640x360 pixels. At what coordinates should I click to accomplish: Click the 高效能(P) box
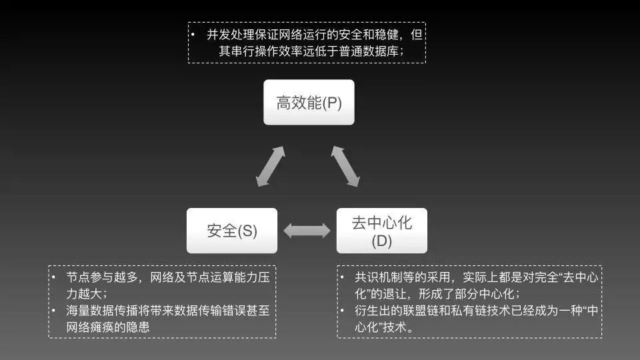click(x=308, y=103)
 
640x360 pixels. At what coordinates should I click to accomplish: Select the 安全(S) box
click(x=232, y=231)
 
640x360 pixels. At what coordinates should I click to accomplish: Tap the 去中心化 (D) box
click(x=381, y=231)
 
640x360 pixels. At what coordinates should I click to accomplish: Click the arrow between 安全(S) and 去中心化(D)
click(x=307, y=231)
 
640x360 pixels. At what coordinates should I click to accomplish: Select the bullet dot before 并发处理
click(x=193, y=35)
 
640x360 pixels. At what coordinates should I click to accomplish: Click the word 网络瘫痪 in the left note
click(x=93, y=327)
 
